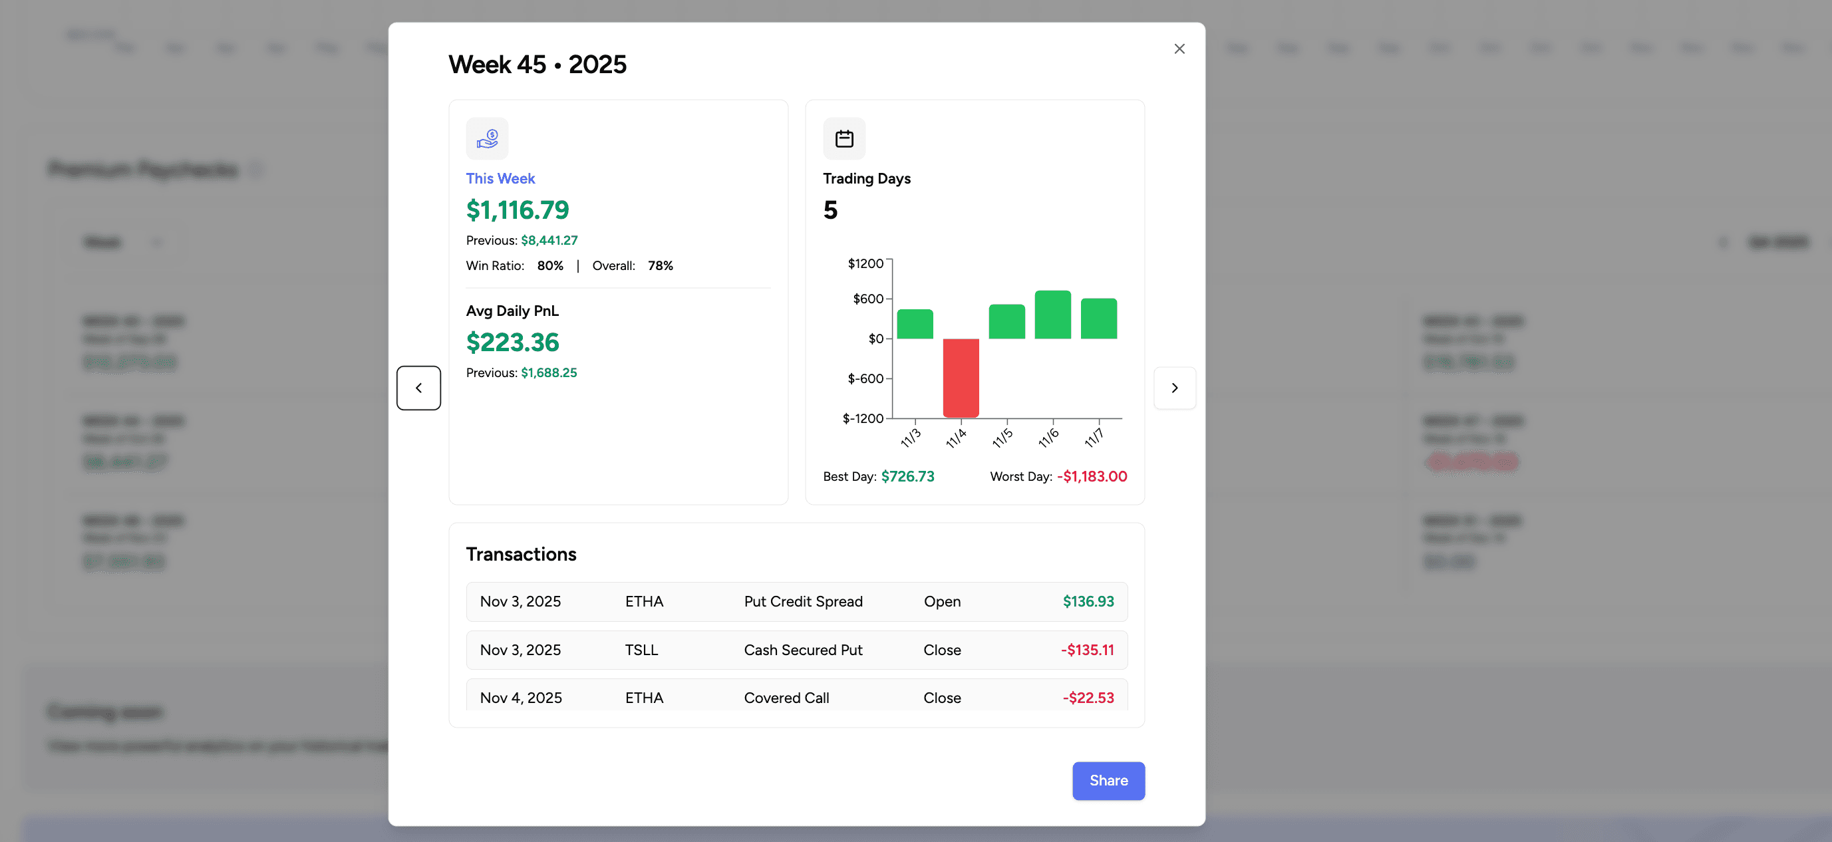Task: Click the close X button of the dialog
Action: tap(1179, 49)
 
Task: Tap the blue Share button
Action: tap(1108, 780)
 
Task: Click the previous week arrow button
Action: tap(419, 388)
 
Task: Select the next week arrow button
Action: tap(1174, 388)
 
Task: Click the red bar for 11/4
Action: tap(961, 377)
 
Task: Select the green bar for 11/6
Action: tap(1052, 315)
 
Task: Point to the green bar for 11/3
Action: tap(915, 325)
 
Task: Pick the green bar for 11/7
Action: tap(1099, 319)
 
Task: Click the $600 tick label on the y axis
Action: tap(867, 299)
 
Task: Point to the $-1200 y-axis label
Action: tap(863, 418)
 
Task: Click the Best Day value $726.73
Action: tap(907, 476)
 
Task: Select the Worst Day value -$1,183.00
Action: tap(1092, 476)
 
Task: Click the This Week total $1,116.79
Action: tap(517, 210)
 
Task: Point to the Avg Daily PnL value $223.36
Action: tap(512, 342)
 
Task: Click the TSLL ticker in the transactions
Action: tap(641, 650)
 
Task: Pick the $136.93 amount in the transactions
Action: tap(1088, 602)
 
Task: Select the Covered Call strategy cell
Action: tap(786, 698)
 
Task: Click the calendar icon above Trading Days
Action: tap(844, 139)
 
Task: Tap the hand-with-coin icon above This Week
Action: tap(487, 139)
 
